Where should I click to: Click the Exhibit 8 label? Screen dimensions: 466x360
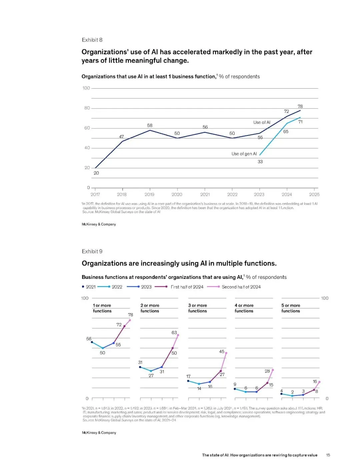tap(92, 40)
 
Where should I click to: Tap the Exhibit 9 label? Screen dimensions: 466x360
tap(92, 252)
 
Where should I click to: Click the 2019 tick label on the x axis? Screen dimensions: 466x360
tap(149, 194)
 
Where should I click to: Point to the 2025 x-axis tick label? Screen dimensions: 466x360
tap(314, 194)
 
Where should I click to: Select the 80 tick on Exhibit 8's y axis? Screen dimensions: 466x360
tap(87, 108)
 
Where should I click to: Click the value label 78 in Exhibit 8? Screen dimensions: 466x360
tap(300, 106)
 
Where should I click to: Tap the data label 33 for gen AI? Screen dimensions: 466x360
tap(260, 162)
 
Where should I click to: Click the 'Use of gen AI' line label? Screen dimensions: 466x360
tap(244, 154)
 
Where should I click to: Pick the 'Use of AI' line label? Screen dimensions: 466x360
tap(262, 122)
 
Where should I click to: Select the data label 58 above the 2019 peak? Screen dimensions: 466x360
tap(150, 125)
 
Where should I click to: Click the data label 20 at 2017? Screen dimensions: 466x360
tap(96, 173)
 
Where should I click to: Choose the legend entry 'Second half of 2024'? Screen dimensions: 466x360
tap(241, 287)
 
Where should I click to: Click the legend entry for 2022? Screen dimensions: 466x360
tap(117, 287)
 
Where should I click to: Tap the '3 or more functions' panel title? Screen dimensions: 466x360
tap(197, 308)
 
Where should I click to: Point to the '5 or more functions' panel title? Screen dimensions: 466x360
tap(291, 308)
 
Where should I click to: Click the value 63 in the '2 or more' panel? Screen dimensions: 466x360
tap(174, 333)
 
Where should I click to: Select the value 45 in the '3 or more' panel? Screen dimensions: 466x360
tap(222, 352)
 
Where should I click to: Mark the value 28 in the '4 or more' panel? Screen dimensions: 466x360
tap(267, 371)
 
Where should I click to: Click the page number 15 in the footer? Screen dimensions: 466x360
tap(328, 455)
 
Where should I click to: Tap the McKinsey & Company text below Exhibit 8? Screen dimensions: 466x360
tap(99, 224)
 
